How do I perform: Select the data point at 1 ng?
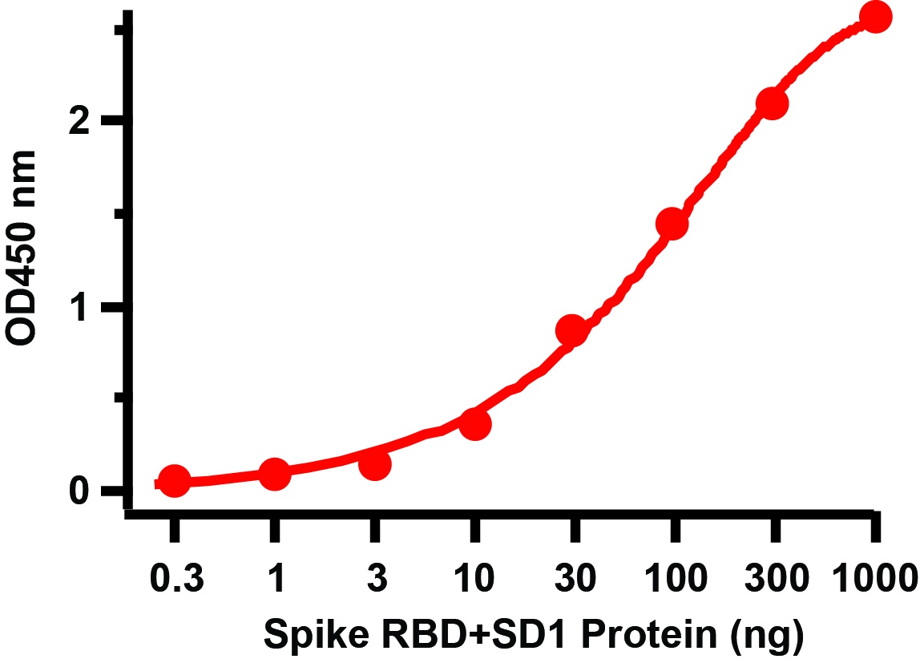click(274, 474)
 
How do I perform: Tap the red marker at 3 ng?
click(375, 465)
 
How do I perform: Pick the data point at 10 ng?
click(475, 424)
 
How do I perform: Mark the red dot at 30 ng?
click(572, 330)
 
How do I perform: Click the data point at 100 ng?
click(672, 224)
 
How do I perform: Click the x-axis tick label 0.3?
click(174, 577)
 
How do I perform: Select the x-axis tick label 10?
click(474, 577)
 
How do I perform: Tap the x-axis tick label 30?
click(574, 577)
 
